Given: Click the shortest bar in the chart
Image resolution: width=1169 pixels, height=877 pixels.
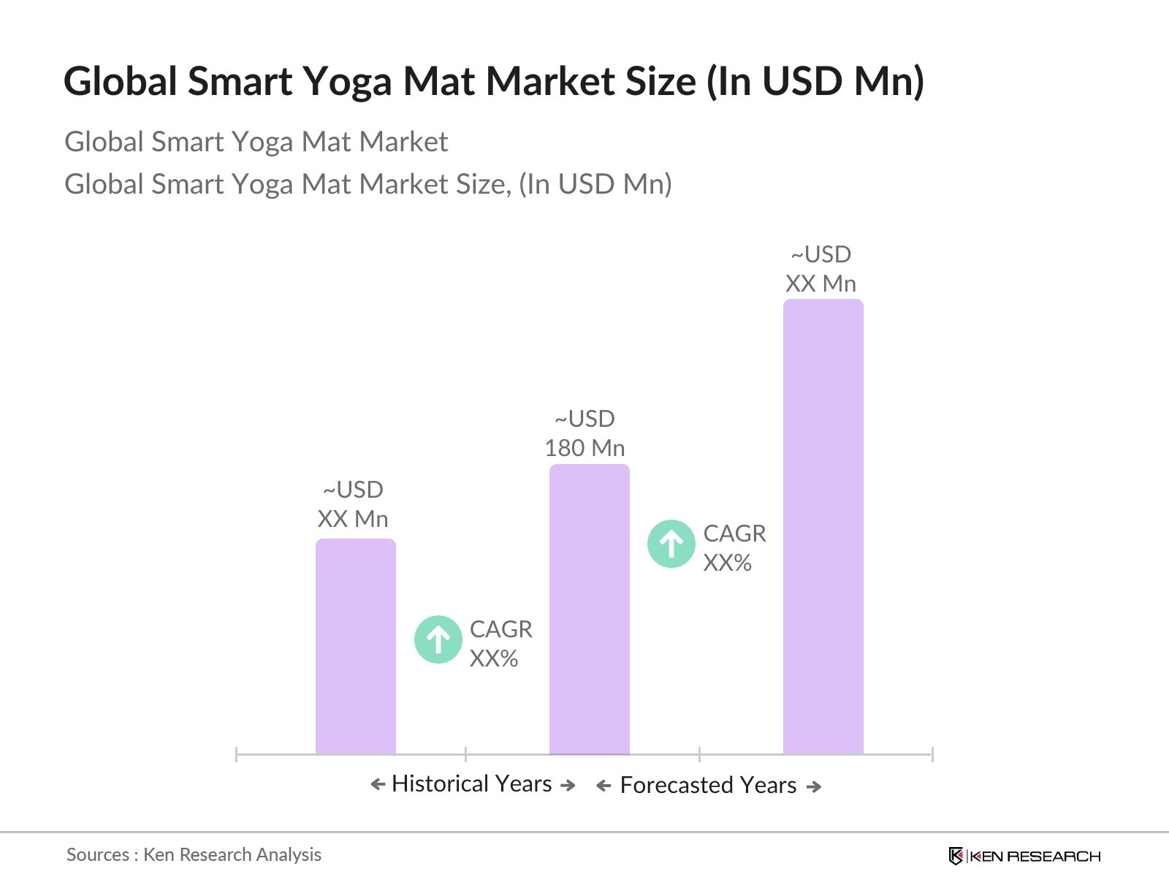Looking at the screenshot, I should click(356, 647).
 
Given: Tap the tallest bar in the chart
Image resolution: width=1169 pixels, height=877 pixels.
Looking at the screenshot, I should click(823, 526).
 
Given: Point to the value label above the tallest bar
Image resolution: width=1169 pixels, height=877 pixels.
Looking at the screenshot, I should click(820, 269).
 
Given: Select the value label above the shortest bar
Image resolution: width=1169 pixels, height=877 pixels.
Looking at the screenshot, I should click(353, 504).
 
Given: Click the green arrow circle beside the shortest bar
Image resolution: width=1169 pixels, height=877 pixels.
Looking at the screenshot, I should click(438, 640).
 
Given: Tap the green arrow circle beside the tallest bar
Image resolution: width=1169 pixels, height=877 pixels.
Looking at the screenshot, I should click(671, 544).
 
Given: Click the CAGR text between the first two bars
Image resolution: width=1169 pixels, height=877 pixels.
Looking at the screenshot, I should click(500, 644).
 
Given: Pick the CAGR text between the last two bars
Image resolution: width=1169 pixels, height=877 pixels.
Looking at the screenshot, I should click(734, 548).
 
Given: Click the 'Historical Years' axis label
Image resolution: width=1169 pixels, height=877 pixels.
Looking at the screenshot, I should click(472, 784).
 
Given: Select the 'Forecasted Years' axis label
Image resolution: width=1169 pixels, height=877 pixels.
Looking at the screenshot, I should click(708, 786).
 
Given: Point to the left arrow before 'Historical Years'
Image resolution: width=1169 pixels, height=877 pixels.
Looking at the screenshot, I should click(378, 785).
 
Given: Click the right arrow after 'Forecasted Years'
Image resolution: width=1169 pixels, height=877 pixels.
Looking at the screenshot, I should click(814, 787).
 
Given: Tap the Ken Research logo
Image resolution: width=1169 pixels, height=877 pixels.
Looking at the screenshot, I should click(1024, 856).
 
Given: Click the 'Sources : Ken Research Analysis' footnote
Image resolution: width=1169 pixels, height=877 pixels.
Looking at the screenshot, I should click(194, 854).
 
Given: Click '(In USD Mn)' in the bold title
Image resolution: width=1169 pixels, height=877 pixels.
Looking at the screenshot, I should click(815, 81).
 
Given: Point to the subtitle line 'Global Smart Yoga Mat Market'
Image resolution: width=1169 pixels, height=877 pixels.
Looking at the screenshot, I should click(256, 142).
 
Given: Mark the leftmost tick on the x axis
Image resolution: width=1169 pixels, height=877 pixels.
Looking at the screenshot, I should click(237, 754).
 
